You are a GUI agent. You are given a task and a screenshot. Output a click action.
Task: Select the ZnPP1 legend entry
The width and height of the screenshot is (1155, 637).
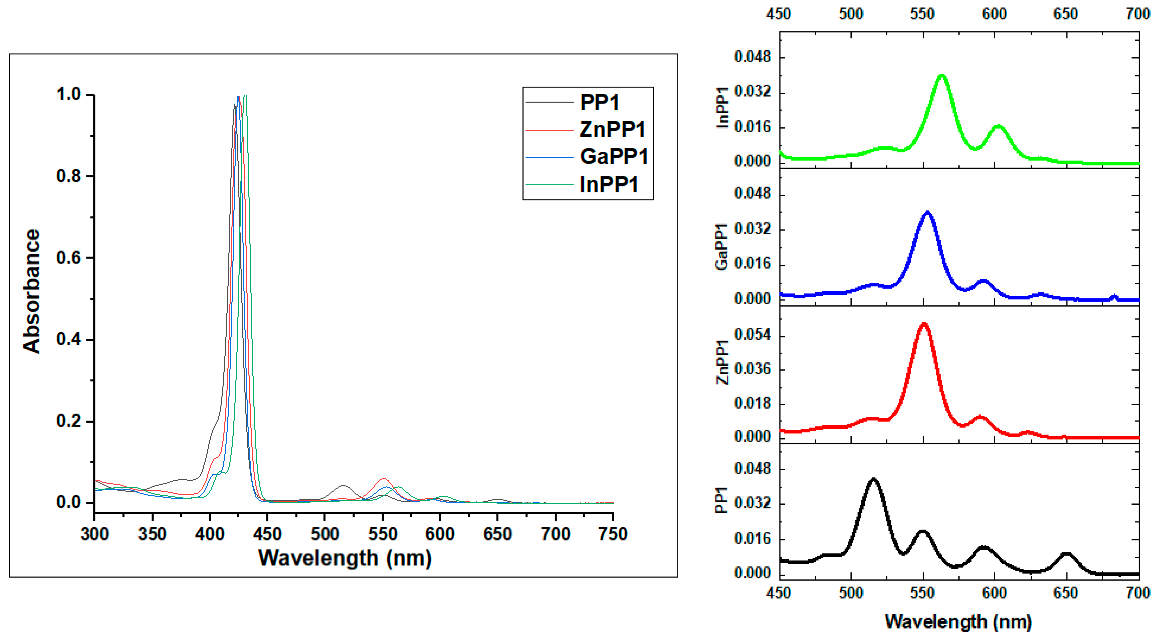[612, 129]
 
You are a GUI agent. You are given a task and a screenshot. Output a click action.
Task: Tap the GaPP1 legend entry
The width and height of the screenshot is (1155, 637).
[614, 157]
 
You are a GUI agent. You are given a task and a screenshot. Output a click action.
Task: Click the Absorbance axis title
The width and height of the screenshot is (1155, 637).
[31, 291]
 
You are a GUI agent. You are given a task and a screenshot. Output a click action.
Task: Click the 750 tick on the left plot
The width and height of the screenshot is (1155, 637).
[613, 534]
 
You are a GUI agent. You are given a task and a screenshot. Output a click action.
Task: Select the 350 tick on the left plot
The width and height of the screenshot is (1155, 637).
[152, 534]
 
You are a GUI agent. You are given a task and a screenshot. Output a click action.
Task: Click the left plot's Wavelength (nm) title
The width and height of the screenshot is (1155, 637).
[345, 558]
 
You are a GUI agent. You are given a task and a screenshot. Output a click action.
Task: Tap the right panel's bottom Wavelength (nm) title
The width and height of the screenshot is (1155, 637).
[958, 621]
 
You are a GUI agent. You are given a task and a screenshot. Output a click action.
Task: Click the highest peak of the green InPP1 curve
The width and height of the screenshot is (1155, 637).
[942, 75]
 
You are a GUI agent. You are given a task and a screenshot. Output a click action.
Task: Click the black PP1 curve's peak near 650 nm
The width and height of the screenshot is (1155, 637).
[1066, 554]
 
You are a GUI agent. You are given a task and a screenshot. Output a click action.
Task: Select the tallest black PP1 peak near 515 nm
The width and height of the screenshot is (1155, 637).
[873, 479]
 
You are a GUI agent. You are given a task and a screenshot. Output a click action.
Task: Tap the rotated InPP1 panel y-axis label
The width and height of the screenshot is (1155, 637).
[722, 108]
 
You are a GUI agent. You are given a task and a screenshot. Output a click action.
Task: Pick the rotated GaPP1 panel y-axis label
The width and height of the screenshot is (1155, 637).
[721, 247]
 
